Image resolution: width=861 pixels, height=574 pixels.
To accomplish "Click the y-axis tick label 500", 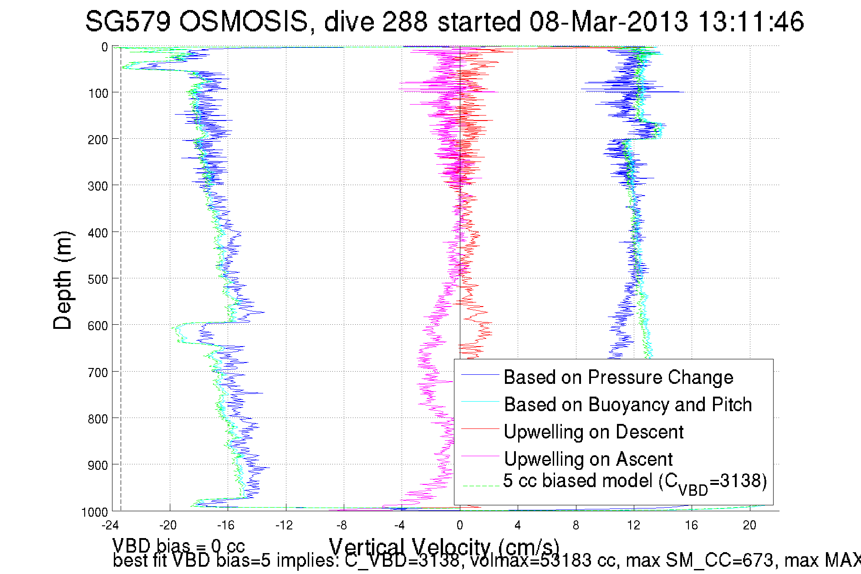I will [97, 279].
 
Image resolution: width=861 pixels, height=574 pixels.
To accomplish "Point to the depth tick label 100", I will [97, 93].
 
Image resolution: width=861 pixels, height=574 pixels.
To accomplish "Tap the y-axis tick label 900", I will [97, 465].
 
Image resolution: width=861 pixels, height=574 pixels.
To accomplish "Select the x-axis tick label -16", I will [225, 526].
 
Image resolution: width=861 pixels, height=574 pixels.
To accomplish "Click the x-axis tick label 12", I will [633, 526].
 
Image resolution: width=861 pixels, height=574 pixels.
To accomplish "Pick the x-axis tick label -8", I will [341, 526].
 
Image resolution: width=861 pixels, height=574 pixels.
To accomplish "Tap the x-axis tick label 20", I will [749, 526].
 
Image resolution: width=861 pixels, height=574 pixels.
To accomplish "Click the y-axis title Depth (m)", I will [62, 280].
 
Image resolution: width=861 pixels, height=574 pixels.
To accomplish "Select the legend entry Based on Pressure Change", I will [618, 378].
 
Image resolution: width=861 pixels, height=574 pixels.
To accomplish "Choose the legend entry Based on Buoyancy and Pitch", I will [628, 405].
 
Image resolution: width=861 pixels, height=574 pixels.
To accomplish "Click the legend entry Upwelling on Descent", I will [594, 432].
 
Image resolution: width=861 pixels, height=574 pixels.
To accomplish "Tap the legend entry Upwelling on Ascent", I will [588, 459].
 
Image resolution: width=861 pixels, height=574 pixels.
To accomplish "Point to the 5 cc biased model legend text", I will [635, 482].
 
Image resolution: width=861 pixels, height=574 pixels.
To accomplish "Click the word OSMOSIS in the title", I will [244, 21].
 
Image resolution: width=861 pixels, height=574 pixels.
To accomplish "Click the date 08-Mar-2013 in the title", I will [608, 21].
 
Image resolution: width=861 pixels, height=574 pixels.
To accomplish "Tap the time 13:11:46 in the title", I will [751, 21].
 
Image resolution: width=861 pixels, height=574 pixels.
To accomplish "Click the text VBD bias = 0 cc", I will [178, 545].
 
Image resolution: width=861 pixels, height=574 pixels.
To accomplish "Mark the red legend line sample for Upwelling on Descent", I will [480, 429].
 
